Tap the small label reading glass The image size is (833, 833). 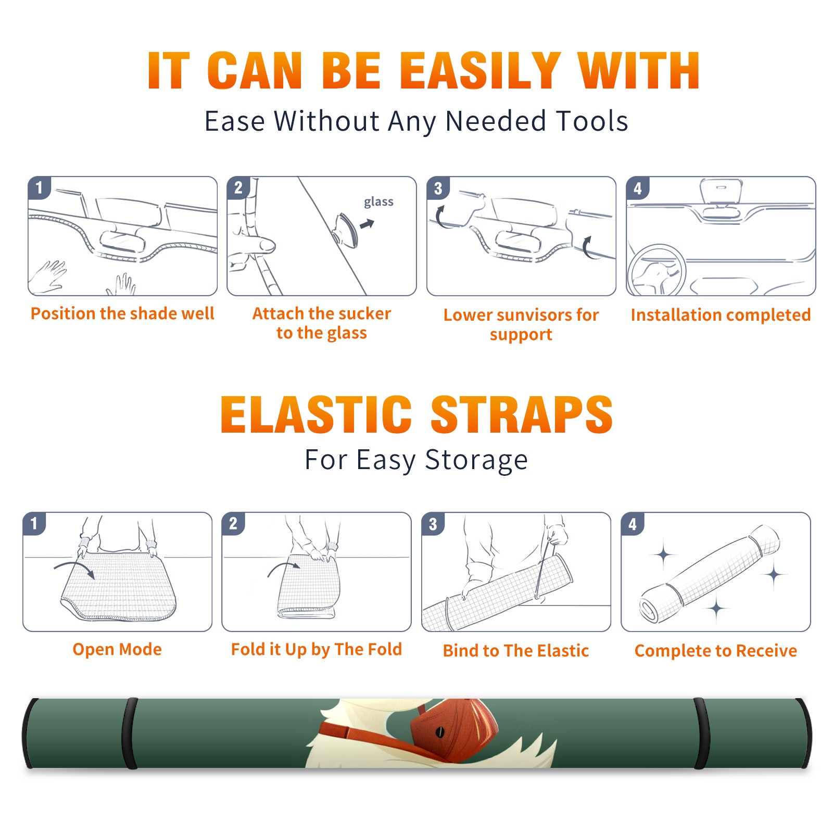click(x=378, y=202)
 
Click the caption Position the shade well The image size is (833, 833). click(x=122, y=313)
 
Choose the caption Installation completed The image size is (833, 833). click(x=721, y=315)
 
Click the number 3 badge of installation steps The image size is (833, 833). click(x=438, y=188)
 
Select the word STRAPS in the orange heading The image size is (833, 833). click(x=522, y=414)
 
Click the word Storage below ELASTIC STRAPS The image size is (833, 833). click(x=476, y=461)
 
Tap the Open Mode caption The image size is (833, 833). click(x=117, y=649)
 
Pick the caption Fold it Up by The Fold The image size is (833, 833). click(x=317, y=650)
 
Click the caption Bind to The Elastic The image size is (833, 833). click(x=516, y=651)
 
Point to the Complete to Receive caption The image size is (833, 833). click(x=716, y=651)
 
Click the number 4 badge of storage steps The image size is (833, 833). click(x=633, y=524)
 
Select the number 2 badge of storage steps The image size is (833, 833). click(x=233, y=524)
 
